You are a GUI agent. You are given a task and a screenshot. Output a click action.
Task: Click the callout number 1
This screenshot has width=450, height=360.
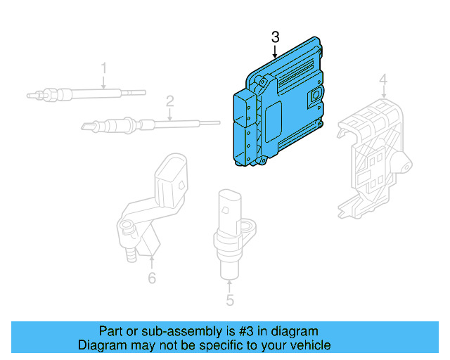click(x=104, y=68)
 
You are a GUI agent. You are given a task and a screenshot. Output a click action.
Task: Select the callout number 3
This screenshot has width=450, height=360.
click(x=275, y=36)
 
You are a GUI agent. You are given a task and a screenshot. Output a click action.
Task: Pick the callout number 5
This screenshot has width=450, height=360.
click(x=230, y=301)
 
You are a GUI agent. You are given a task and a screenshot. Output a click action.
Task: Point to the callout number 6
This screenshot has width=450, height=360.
click(x=152, y=278)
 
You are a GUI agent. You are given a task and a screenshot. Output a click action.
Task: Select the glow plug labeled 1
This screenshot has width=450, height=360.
click(x=84, y=93)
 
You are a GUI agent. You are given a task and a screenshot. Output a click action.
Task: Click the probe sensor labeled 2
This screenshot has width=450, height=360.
click(x=141, y=124)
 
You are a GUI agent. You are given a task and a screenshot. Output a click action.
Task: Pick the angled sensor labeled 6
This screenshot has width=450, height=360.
click(x=151, y=204)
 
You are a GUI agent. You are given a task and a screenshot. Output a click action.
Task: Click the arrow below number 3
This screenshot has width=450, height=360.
click(x=275, y=51)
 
